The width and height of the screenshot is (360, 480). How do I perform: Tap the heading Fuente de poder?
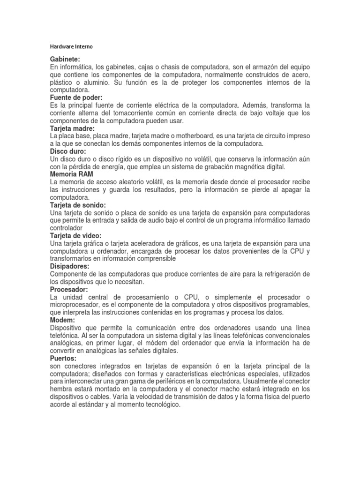(76, 97)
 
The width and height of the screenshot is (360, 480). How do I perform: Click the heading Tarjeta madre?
(72, 128)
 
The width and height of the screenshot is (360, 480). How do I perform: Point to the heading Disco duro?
(68, 151)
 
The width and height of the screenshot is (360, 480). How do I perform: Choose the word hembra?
(62, 389)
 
